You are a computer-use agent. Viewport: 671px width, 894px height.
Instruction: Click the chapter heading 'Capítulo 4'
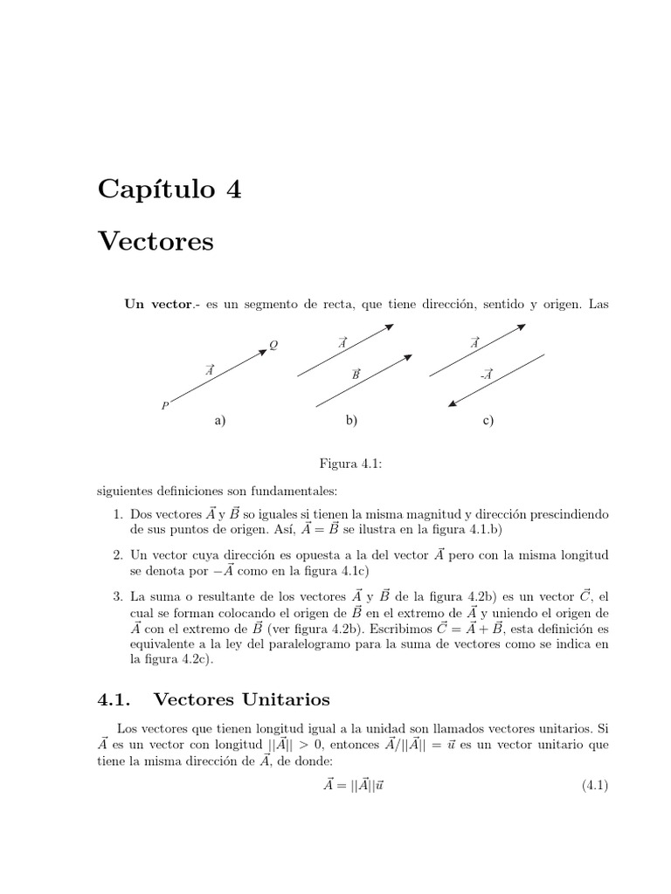(x=169, y=188)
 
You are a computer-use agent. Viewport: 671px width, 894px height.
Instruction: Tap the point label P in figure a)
(x=164, y=405)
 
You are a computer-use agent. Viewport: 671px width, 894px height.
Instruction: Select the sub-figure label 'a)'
(x=220, y=420)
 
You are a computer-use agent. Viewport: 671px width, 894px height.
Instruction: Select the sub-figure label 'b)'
(x=351, y=420)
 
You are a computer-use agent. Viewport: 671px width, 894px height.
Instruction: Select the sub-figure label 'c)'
(x=488, y=420)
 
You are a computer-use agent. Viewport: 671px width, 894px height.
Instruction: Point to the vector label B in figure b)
(x=356, y=373)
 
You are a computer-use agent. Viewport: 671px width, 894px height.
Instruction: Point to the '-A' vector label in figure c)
(x=486, y=374)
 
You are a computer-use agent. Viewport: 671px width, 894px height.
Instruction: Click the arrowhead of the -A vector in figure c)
(x=452, y=404)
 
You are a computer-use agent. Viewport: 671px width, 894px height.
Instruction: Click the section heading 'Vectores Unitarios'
(x=241, y=698)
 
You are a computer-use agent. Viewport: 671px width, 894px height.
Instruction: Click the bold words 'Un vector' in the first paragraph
(x=157, y=304)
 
